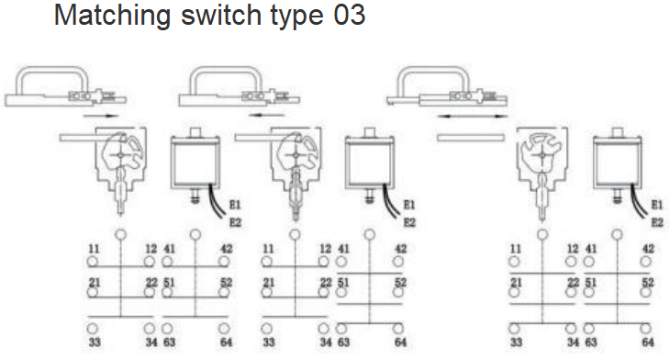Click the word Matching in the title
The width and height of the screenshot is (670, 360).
112,17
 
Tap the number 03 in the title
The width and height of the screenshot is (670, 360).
349,15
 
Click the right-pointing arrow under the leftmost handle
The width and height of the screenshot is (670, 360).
101,116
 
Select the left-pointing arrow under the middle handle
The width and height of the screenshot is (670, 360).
267,115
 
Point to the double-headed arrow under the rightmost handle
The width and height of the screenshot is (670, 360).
473,116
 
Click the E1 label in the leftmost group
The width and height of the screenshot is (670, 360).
235,205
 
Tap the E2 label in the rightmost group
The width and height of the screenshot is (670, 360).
657,222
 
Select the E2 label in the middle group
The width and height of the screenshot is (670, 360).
409,222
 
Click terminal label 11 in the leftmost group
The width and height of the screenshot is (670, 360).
94,248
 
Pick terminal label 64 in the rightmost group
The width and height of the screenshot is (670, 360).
648,342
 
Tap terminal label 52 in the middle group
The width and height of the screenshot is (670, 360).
400,282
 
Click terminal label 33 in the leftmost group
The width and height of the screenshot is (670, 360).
95,342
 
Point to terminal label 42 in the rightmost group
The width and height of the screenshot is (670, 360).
648,248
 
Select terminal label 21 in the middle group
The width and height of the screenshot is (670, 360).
268,282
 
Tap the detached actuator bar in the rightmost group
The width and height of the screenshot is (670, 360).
471,138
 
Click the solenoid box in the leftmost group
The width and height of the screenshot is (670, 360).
195,162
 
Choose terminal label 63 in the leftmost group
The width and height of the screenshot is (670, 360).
169,342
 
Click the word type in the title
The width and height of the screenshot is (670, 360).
296,17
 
